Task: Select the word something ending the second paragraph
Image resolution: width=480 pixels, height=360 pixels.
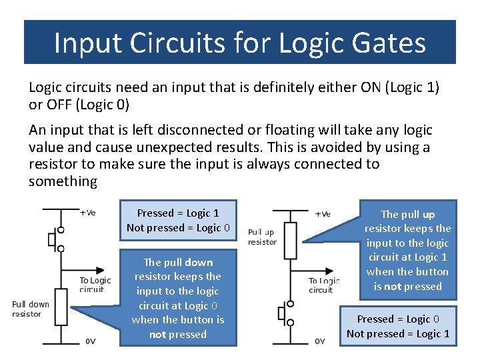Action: [x=63, y=181]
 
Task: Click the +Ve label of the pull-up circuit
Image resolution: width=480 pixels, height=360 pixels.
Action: [x=321, y=214]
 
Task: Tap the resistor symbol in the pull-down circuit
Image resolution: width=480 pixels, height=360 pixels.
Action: [x=61, y=308]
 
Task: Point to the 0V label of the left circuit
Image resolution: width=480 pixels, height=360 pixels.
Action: [x=91, y=341]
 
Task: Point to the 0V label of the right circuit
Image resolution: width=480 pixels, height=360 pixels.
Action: [x=320, y=341]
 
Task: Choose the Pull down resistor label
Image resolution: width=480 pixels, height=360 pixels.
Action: [x=31, y=309]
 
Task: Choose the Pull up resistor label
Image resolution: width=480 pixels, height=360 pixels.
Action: [x=262, y=237]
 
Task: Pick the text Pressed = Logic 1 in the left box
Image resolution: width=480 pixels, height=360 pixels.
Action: [x=178, y=213]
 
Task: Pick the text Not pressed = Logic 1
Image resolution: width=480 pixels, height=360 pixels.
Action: [x=398, y=333]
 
